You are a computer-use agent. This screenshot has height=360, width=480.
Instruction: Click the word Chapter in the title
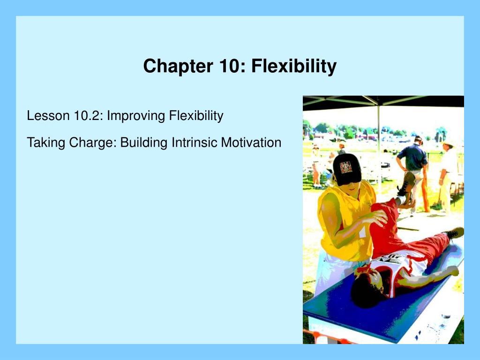[x=178, y=66]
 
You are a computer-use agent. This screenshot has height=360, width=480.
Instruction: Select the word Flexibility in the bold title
[x=294, y=67]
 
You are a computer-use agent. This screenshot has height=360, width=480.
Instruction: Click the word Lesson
[x=48, y=116]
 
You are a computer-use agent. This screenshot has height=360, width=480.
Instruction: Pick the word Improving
[x=136, y=116]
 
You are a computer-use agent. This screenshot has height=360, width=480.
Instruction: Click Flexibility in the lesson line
[x=196, y=116]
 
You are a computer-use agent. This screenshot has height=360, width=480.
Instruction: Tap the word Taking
[x=46, y=143]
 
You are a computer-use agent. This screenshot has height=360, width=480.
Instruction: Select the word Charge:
[x=93, y=143]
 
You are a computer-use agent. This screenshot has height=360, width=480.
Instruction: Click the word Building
[x=144, y=143]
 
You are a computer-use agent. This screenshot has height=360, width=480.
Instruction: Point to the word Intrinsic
[x=194, y=142]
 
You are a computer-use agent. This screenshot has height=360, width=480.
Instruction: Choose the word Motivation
[x=251, y=142]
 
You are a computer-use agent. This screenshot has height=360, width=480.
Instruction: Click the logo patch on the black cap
[x=346, y=167]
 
